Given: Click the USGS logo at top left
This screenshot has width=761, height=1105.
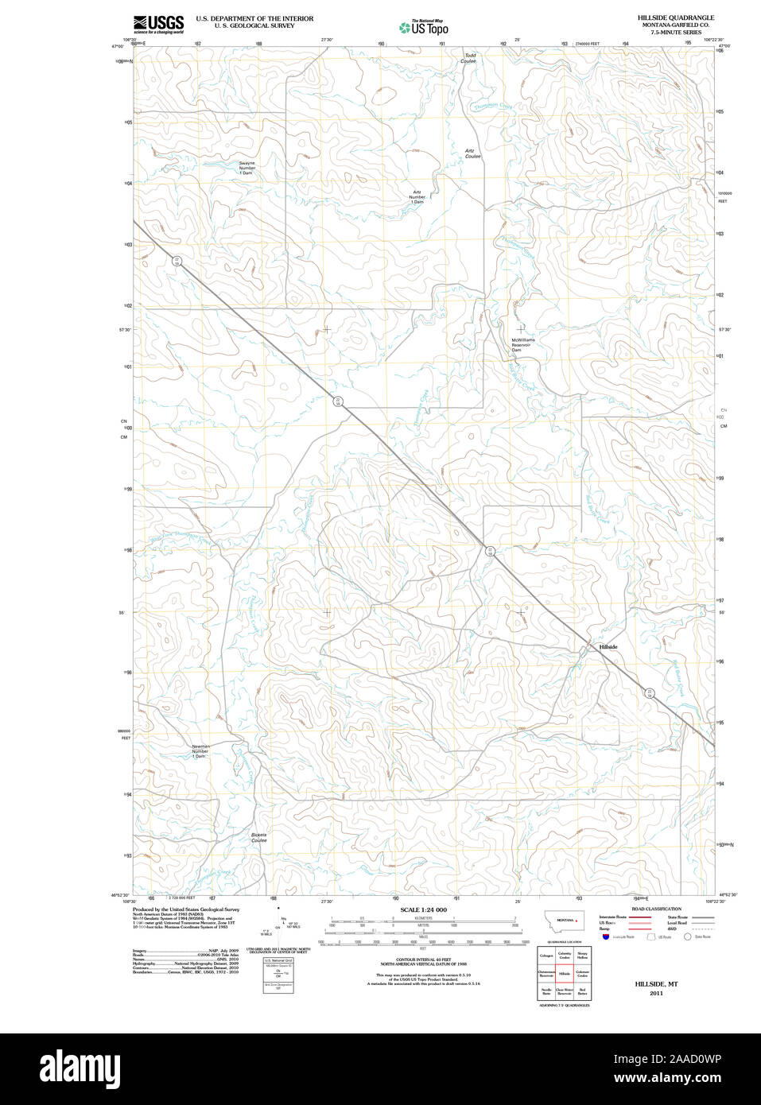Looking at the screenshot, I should pos(158,24).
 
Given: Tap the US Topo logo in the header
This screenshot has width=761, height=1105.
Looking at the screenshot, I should pos(424,27).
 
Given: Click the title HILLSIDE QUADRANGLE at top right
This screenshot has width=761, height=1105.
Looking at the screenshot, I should pos(675,17).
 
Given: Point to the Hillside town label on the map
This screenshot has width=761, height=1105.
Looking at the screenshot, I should pos(608,647).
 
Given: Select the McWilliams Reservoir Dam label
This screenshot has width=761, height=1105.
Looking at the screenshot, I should pos(522,344).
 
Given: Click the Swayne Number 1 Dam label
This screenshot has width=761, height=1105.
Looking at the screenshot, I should pos(247,168).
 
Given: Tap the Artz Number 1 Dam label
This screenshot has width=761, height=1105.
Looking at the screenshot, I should pos(417,197).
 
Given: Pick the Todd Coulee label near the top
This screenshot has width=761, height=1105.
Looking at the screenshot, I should pos(469,58).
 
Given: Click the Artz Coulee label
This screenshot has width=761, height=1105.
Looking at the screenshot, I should pos(472,153).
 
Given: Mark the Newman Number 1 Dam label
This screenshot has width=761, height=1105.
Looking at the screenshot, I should pos(200,751).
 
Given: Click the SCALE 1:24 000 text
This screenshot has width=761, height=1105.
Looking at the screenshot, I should pos(423,909).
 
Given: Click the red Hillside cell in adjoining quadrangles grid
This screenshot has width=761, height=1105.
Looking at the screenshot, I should pos(565,973).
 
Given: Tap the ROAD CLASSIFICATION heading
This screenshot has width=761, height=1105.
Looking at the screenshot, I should pos(656,909).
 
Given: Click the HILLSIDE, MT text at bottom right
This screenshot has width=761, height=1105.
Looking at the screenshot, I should pos(656,983).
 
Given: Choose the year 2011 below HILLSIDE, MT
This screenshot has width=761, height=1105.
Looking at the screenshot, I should pos(656,993).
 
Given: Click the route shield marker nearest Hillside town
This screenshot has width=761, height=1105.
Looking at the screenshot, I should pos(650,692).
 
